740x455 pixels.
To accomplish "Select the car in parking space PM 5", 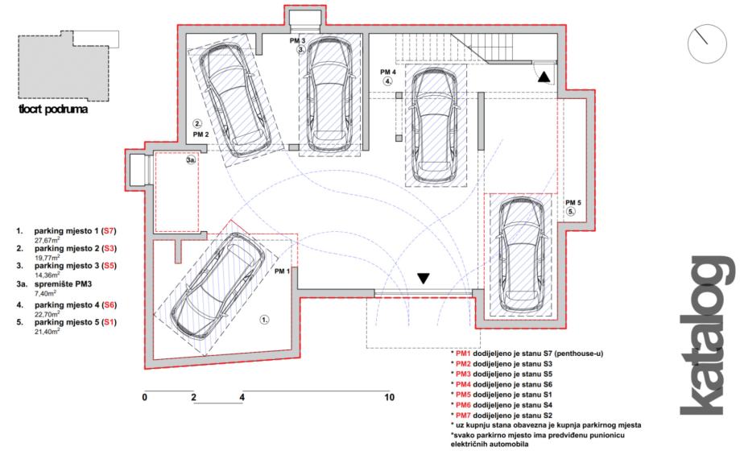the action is [x=520, y=251].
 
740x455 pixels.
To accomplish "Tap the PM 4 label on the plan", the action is [x=388, y=72].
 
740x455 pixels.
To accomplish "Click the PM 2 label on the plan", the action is [x=201, y=134].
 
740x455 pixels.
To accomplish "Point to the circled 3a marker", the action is [x=191, y=160].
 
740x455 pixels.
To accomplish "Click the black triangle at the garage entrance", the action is [x=424, y=279].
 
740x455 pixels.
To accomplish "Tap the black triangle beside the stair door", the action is [x=544, y=77].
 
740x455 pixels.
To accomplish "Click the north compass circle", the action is [x=707, y=44].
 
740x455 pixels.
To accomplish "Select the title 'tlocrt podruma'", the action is [x=53, y=110].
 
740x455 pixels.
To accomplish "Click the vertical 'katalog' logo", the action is [x=706, y=336].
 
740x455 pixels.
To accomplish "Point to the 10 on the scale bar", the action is [x=390, y=397].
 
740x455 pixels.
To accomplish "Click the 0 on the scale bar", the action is [x=144, y=397].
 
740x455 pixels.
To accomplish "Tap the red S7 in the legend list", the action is [x=109, y=231].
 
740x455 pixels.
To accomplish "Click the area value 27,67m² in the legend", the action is [x=47, y=240].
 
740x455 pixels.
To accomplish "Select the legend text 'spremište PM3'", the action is [x=63, y=284].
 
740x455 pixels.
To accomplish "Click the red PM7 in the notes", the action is [x=464, y=416].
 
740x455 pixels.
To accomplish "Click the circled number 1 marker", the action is [x=265, y=320].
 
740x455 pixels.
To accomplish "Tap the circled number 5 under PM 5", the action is [x=571, y=212].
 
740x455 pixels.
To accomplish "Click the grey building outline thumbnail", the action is [x=64, y=64].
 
